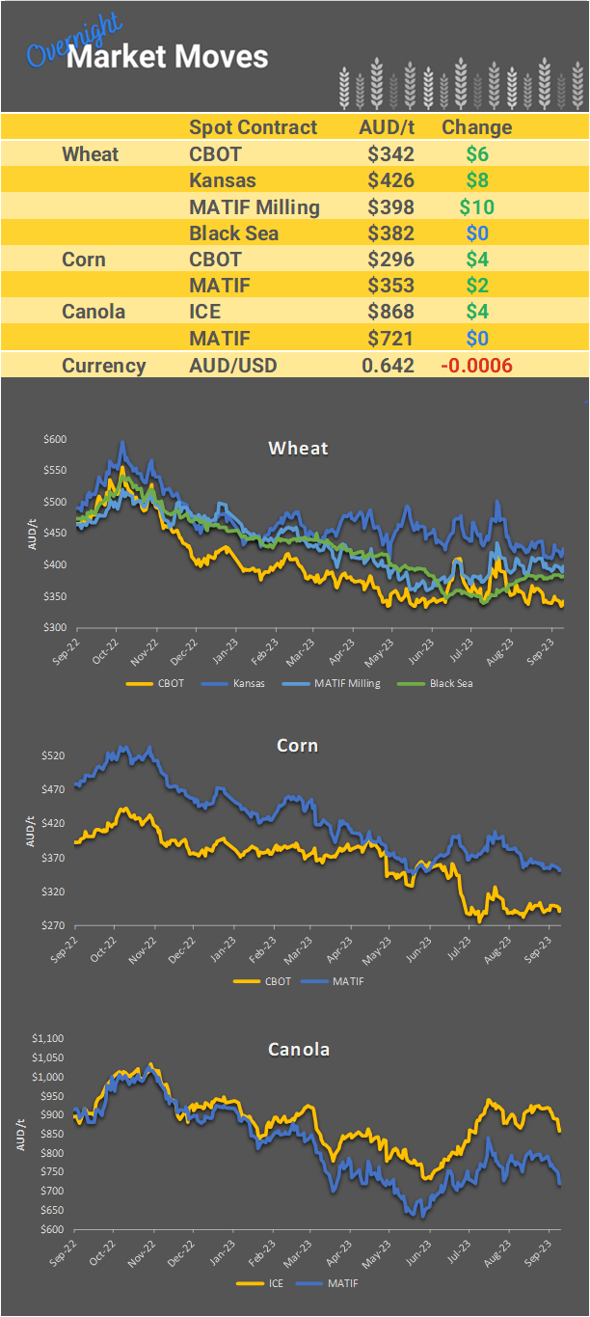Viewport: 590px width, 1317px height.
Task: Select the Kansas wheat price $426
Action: pyautogui.click(x=390, y=180)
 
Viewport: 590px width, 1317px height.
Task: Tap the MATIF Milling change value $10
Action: pyautogui.click(x=476, y=206)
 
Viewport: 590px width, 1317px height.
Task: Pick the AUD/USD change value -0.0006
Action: pyautogui.click(x=476, y=366)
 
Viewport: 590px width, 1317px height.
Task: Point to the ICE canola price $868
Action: pyautogui.click(x=390, y=312)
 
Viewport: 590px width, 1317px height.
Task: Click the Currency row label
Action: pyautogui.click(x=103, y=366)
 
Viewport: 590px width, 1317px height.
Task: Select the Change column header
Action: pyautogui.click(x=476, y=127)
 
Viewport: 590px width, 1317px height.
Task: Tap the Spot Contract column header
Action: pyautogui.click(x=253, y=127)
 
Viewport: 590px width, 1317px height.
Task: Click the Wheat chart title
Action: pyautogui.click(x=298, y=448)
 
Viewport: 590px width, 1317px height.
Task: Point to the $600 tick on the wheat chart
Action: pyautogui.click(x=55, y=439)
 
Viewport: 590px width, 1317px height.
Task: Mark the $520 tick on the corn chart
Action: pyautogui.click(x=53, y=755)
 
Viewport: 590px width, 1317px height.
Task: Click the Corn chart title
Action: pyautogui.click(x=297, y=746)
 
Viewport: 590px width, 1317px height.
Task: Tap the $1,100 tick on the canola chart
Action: pyautogui.click(x=48, y=1038)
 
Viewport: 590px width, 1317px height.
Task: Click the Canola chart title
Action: pyautogui.click(x=298, y=1049)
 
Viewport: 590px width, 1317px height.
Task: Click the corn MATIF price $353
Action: pyautogui.click(x=390, y=286)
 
